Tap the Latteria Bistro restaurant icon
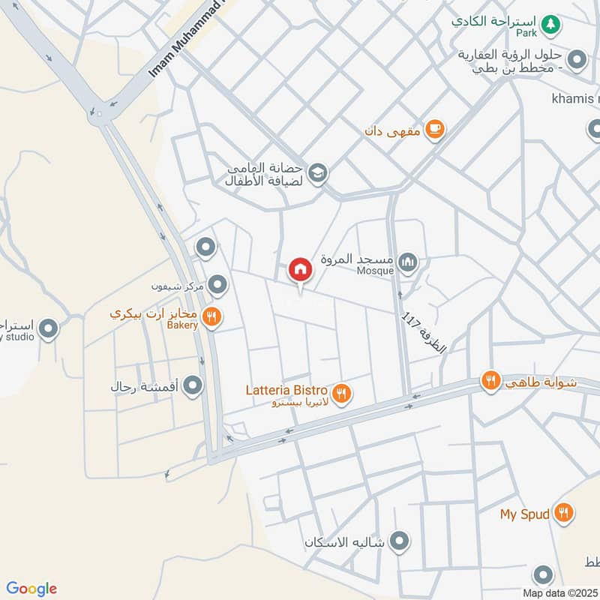click(342, 392)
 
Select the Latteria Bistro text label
click(286, 390)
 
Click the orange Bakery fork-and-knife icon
click(212, 317)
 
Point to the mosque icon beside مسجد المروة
click(408, 262)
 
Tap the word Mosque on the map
click(375, 271)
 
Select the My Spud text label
click(525, 514)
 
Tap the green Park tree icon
click(551, 24)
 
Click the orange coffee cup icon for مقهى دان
click(434, 130)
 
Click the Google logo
click(31, 589)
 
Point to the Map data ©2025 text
click(559, 592)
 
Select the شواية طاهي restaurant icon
click(491, 381)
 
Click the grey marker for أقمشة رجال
click(193, 386)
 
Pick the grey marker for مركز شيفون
click(217, 285)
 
